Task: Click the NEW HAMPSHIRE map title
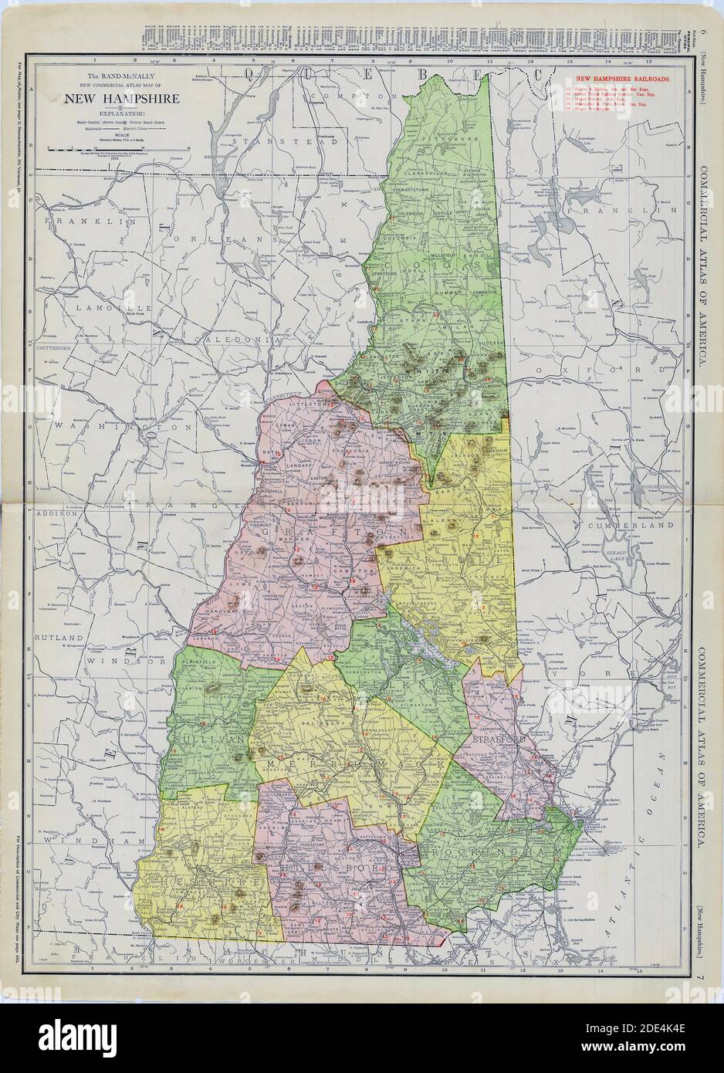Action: pos(123,99)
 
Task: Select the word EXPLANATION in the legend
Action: pos(123,113)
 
